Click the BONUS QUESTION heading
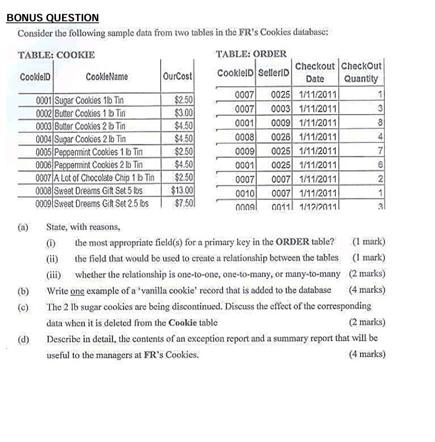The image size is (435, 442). pyautogui.click(x=52, y=18)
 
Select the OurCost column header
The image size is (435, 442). pyautogui.click(x=178, y=76)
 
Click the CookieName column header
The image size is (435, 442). pyautogui.click(x=107, y=76)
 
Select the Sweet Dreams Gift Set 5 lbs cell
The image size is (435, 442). pyautogui.click(x=98, y=190)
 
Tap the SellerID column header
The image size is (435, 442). pyautogui.click(x=274, y=73)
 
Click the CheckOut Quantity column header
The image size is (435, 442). pyautogui.click(x=361, y=72)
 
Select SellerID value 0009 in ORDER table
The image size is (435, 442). pyautogui.click(x=281, y=123)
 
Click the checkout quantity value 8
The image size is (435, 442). pyautogui.click(x=379, y=123)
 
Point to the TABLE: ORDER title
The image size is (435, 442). pyautogui.click(x=251, y=54)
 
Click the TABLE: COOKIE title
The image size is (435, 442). pyautogui.click(x=56, y=55)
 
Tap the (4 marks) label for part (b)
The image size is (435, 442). pyautogui.click(x=367, y=290)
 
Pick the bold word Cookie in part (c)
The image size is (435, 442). pyautogui.click(x=182, y=322)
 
